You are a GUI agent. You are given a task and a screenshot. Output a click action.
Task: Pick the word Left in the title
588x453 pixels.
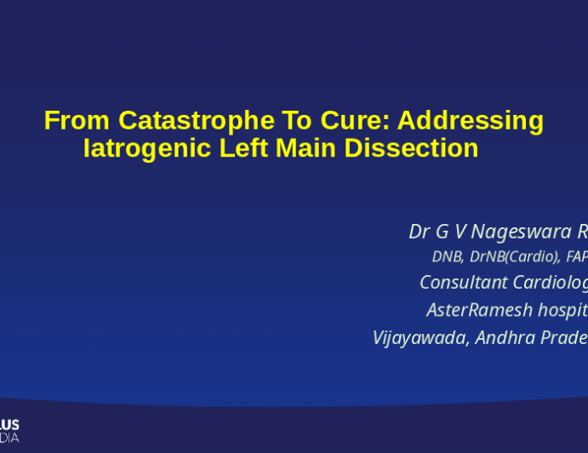click(241, 148)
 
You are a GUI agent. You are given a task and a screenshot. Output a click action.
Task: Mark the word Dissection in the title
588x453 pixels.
click(411, 148)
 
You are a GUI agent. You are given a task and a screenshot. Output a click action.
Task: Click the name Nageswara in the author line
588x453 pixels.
click(518, 232)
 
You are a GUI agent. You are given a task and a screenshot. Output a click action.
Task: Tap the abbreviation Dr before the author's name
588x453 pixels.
click(419, 232)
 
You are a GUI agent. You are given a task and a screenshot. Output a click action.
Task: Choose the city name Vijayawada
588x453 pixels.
click(421, 337)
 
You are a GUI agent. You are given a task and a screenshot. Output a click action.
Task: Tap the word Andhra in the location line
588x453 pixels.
click(506, 337)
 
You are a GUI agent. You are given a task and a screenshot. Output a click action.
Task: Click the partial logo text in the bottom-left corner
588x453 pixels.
click(9, 431)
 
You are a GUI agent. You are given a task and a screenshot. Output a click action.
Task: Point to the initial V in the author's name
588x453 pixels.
click(460, 232)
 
